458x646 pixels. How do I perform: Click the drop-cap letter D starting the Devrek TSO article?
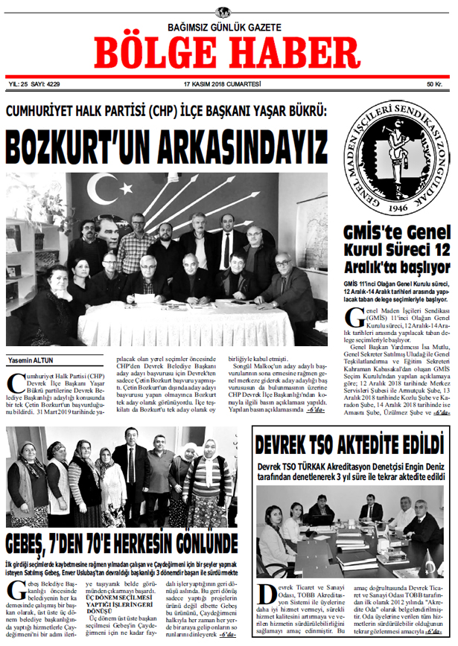point(265,594)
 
